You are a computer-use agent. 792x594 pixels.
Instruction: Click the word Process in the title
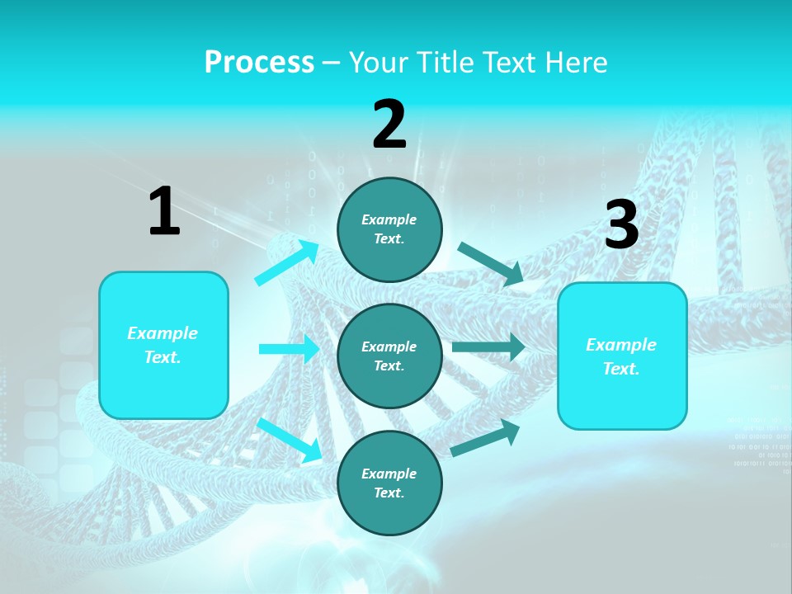click(x=259, y=62)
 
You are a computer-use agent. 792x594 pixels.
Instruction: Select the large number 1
click(x=164, y=211)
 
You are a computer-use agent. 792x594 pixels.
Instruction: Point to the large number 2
click(x=389, y=125)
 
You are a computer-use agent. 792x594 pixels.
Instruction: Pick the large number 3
click(x=621, y=225)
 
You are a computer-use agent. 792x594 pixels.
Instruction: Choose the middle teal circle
click(x=389, y=356)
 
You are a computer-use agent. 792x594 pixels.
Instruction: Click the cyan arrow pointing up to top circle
click(x=286, y=263)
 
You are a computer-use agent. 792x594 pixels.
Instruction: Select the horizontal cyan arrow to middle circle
click(x=289, y=349)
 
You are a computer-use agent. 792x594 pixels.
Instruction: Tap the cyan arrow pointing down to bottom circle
click(x=290, y=439)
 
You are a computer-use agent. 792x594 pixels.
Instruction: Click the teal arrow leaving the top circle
click(x=491, y=263)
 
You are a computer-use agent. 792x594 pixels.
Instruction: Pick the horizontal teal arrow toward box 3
click(x=488, y=347)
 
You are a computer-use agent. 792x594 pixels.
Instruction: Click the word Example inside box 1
click(x=163, y=333)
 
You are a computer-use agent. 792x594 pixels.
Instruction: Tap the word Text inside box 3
click(x=620, y=369)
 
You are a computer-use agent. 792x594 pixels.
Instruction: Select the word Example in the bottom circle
click(x=389, y=474)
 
